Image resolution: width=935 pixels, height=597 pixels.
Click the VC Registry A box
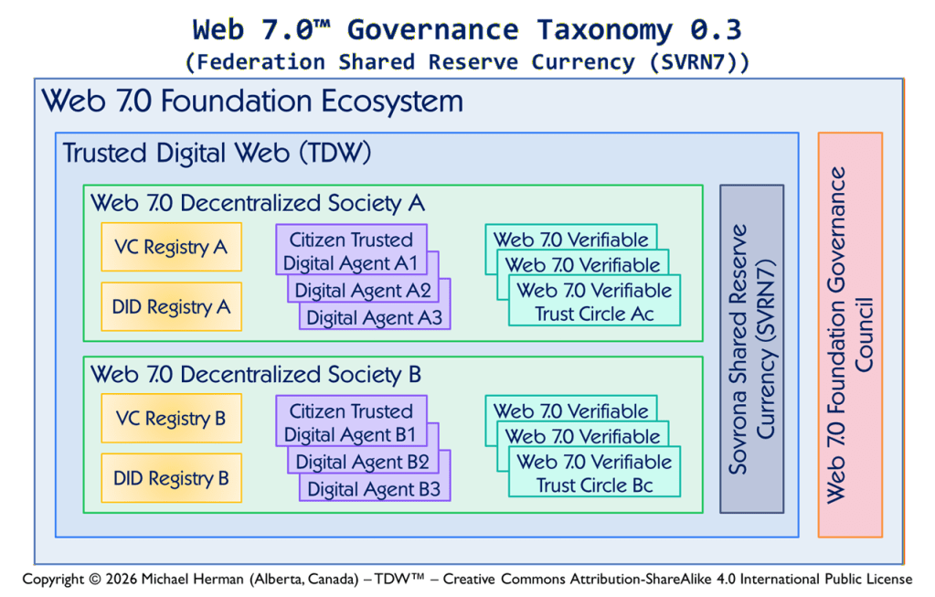pos(171,247)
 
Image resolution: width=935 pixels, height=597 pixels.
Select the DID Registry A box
pos(171,307)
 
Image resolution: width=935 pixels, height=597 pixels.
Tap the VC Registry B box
pos(171,419)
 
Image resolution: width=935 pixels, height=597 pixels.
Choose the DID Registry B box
pos(171,478)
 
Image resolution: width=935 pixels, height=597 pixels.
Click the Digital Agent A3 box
pos(374,317)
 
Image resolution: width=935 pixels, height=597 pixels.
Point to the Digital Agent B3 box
pos(374,489)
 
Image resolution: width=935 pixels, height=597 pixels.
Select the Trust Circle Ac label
pos(594,314)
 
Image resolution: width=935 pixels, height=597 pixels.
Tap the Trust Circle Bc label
pos(594,485)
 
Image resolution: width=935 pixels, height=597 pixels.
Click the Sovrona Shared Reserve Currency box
pos(751,348)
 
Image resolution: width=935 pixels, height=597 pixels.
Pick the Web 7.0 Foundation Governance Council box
pos(849,335)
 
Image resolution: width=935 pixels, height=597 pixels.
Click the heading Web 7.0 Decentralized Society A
pos(258,203)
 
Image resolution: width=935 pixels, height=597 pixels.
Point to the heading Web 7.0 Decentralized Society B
pos(257,374)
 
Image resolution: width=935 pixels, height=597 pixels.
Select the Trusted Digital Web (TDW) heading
pos(217,153)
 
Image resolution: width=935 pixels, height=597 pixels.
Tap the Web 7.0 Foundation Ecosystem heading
pos(252,101)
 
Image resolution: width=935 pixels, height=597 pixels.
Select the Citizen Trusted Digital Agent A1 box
pos(351,251)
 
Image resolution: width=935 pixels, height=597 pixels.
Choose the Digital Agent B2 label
pos(362,462)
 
